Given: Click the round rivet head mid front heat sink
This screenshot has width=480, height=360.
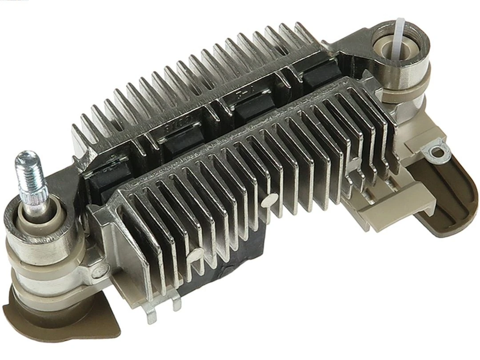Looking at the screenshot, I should click(267, 202).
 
